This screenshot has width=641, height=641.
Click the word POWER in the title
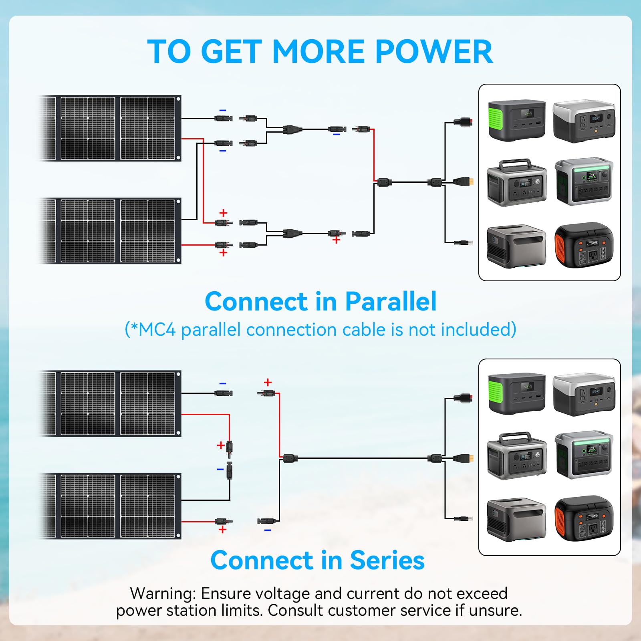[x=434, y=52]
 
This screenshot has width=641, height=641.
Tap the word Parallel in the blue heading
[x=391, y=302]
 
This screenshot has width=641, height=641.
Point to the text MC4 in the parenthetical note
[x=157, y=330]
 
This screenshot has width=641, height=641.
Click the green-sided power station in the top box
[x=516, y=120]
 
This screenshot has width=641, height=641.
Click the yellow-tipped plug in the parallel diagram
[x=465, y=181]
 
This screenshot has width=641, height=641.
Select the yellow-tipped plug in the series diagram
[x=465, y=458]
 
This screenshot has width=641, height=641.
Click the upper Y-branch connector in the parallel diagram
[x=292, y=129]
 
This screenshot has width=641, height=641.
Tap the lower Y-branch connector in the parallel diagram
[x=292, y=233]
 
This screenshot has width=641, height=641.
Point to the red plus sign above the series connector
[x=268, y=382]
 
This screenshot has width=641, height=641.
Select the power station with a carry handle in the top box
[x=516, y=182]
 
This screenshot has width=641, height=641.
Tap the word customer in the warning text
[x=363, y=611]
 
